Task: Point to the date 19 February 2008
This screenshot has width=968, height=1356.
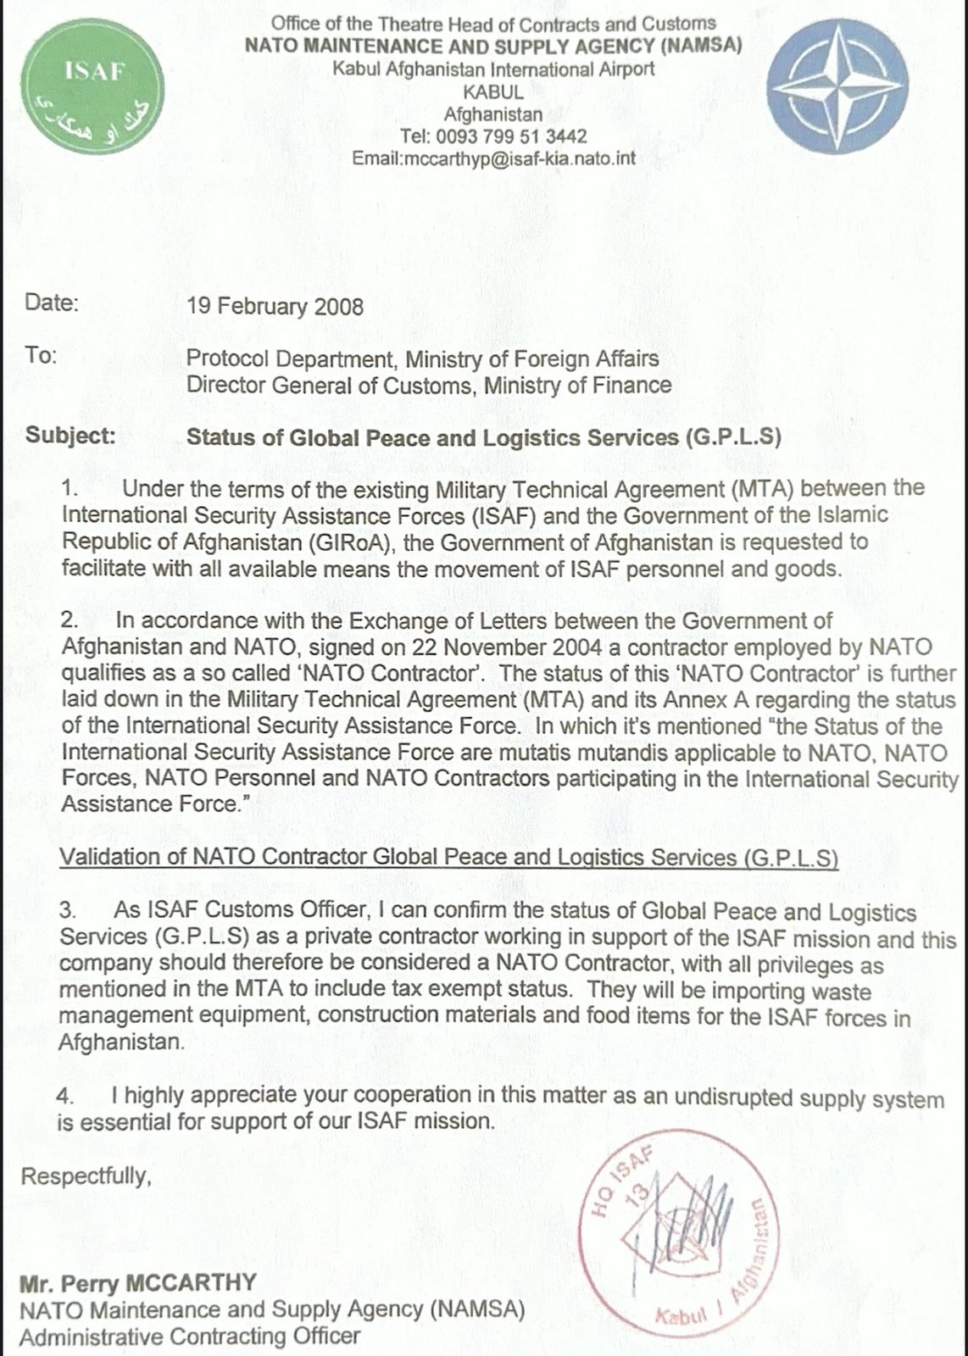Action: pyautogui.click(x=275, y=306)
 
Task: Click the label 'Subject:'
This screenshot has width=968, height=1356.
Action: pyautogui.click(x=70, y=436)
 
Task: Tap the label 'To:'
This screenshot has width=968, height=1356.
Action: pyautogui.click(x=41, y=355)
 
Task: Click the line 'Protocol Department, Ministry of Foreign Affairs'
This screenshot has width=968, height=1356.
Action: pyautogui.click(x=422, y=358)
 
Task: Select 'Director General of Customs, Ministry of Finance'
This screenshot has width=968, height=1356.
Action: pyautogui.click(x=429, y=386)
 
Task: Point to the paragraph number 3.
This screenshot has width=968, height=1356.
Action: pyautogui.click(x=68, y=911)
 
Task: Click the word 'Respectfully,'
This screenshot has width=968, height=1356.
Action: pyautogui.click(x=86, y=1175)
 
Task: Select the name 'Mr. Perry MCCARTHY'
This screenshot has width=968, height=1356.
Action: pyautogui.click(x=137, y=1281)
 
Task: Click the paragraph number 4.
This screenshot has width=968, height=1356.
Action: pyautogui.click(x=65, y=1096)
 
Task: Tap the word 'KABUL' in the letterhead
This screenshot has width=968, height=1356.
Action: pyautogui.click(x=493, y=92)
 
